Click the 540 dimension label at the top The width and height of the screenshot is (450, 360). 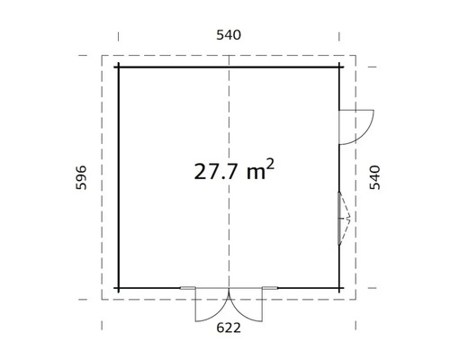point(229,35)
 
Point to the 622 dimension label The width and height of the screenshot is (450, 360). point(229,328)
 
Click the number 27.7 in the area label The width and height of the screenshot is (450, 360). point(217,172)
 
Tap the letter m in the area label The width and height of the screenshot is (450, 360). point(255,173)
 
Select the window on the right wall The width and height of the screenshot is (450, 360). point(340,218)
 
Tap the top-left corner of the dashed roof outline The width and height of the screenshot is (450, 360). point(102,56)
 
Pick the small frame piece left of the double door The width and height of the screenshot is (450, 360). point(187,288)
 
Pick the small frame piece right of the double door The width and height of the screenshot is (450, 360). point(270,288)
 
